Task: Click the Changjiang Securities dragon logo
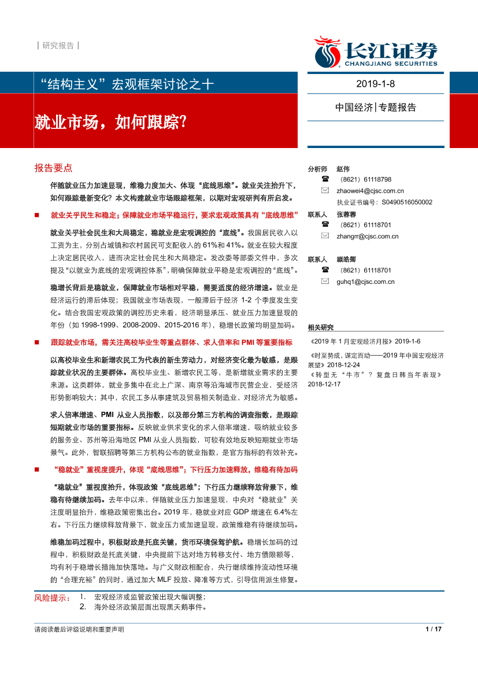327,51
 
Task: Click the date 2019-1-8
376,84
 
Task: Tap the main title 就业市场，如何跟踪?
110,122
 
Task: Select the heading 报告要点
53,168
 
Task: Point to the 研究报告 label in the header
58,46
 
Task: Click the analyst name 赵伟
343,169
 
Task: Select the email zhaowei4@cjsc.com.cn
370,191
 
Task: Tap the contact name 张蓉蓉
346,214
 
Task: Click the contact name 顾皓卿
346,259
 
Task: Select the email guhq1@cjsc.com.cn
365,282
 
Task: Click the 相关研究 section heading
321,327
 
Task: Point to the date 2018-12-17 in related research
324,384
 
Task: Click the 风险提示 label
51,597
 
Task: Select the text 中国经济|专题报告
376,108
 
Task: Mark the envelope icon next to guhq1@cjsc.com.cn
325,282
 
